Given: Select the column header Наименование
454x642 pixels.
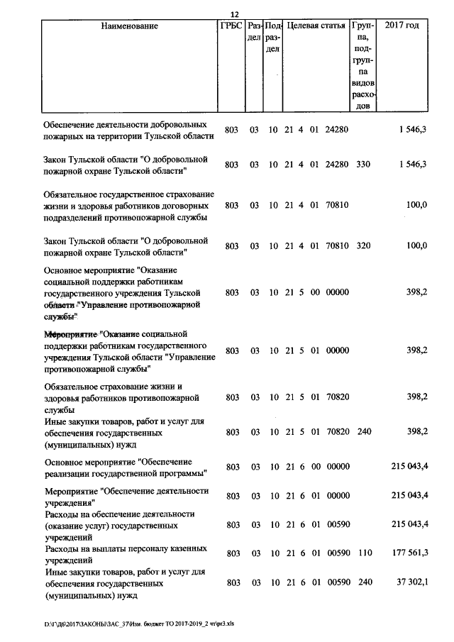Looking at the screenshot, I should click(x=129, y=26).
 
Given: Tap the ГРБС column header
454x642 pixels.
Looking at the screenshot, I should click(x=231, y=26).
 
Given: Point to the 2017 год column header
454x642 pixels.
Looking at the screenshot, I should click(x=402, y=26).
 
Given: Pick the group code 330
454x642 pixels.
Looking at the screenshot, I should click(x=363, y=165).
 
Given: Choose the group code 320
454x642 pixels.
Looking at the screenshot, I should click(x=363, y=245).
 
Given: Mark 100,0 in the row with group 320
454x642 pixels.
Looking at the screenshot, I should click(x=416, y=245).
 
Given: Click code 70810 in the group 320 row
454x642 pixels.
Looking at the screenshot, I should click(x=336, y=245).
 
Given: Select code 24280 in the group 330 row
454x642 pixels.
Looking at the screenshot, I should click(x=336, y=165).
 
